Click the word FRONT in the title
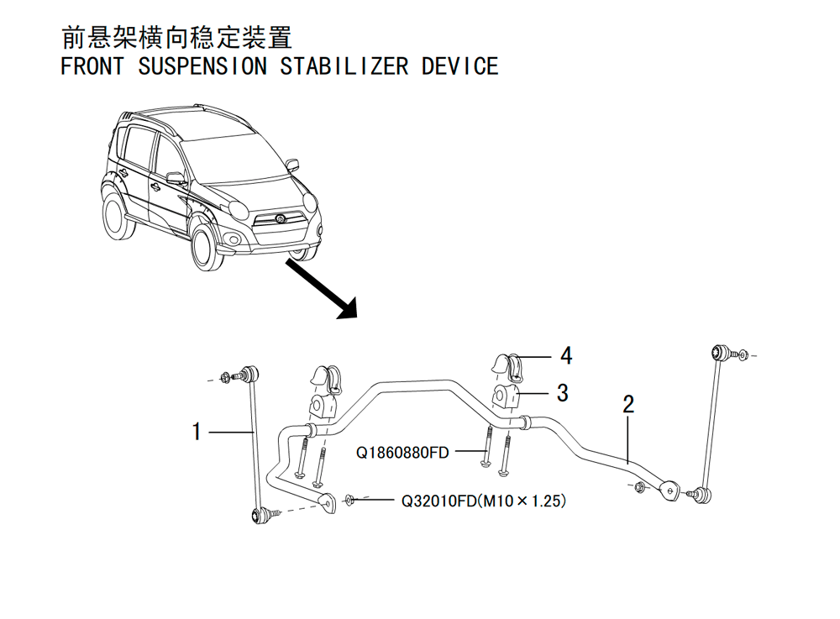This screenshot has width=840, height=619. coord(92,66)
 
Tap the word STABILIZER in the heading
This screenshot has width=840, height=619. coord(344,66)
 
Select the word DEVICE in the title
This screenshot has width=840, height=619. coord(459,66)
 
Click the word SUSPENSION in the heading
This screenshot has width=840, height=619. coord(202,66)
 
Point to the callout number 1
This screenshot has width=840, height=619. coord(197,432)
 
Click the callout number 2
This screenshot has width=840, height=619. coord(628,404)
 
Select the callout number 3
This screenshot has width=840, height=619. coord(563,393)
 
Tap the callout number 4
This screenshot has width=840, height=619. coord(566,355)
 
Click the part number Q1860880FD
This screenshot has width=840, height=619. coord(402,453)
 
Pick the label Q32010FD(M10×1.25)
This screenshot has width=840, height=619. coord(484,501)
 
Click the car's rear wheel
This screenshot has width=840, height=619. coord(118,216)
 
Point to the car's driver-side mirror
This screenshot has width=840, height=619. coord(175,179)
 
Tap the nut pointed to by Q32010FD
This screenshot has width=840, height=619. coord(349,500)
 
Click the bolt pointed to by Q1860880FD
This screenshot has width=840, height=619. coord(486,447)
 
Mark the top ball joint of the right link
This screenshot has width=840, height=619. coord(718,353)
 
